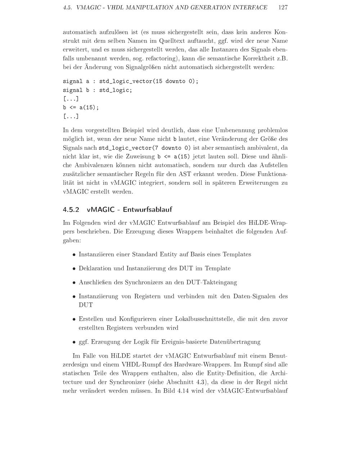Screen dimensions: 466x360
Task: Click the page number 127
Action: pyautogui.click(x=283, y=8)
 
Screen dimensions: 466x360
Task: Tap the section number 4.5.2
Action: pyautogui.click(x=71, y=210)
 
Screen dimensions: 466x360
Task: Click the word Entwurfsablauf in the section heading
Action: pyautogui.click(x=147, y=210)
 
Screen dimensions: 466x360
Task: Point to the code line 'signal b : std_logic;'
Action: pyautogui.click(x=98, y=90)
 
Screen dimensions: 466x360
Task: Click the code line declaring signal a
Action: pyautogui.click(x=131, y=81)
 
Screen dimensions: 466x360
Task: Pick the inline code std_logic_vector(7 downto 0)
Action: pyautogui.click(x=145, y=148)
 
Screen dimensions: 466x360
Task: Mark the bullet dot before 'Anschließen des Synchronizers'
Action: pyautogui.click(x=74, y=283)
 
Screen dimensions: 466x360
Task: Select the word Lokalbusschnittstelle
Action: pyautogui.click(x=204, y=319)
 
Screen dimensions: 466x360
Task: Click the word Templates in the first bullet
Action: pyautogui.click(x=237, y=255)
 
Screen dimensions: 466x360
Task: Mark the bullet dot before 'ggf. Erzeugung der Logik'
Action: pyautogui.click(x=74, y=342)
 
